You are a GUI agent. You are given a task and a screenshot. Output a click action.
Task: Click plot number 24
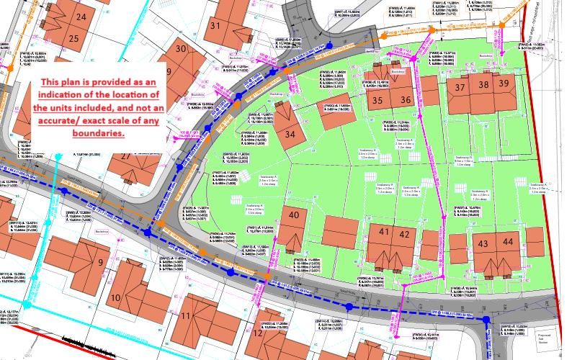(81, 17)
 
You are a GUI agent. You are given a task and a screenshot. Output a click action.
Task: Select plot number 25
(73, 38)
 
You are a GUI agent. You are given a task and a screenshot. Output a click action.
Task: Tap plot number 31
(215, 25)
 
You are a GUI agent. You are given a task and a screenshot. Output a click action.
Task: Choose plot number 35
(377, 100)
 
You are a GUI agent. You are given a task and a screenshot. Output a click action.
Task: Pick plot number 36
(406, 100)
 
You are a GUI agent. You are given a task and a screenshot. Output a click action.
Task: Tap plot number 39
(504, 84)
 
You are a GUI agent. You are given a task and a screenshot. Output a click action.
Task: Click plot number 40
(293, 215)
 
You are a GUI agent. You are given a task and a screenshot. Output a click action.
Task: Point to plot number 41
(383, 233)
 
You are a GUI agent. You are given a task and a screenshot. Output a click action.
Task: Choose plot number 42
(404, 234)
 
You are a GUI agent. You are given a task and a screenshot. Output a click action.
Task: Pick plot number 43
(483, 244)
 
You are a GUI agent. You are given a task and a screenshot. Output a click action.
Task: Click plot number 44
(508, 243)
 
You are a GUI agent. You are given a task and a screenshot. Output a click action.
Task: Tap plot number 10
(115, 297)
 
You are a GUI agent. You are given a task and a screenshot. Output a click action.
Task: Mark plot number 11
(185, 316)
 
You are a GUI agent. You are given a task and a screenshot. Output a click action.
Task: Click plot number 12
(258, 332)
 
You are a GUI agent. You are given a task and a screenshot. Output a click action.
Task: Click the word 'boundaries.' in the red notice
(97, 133)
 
